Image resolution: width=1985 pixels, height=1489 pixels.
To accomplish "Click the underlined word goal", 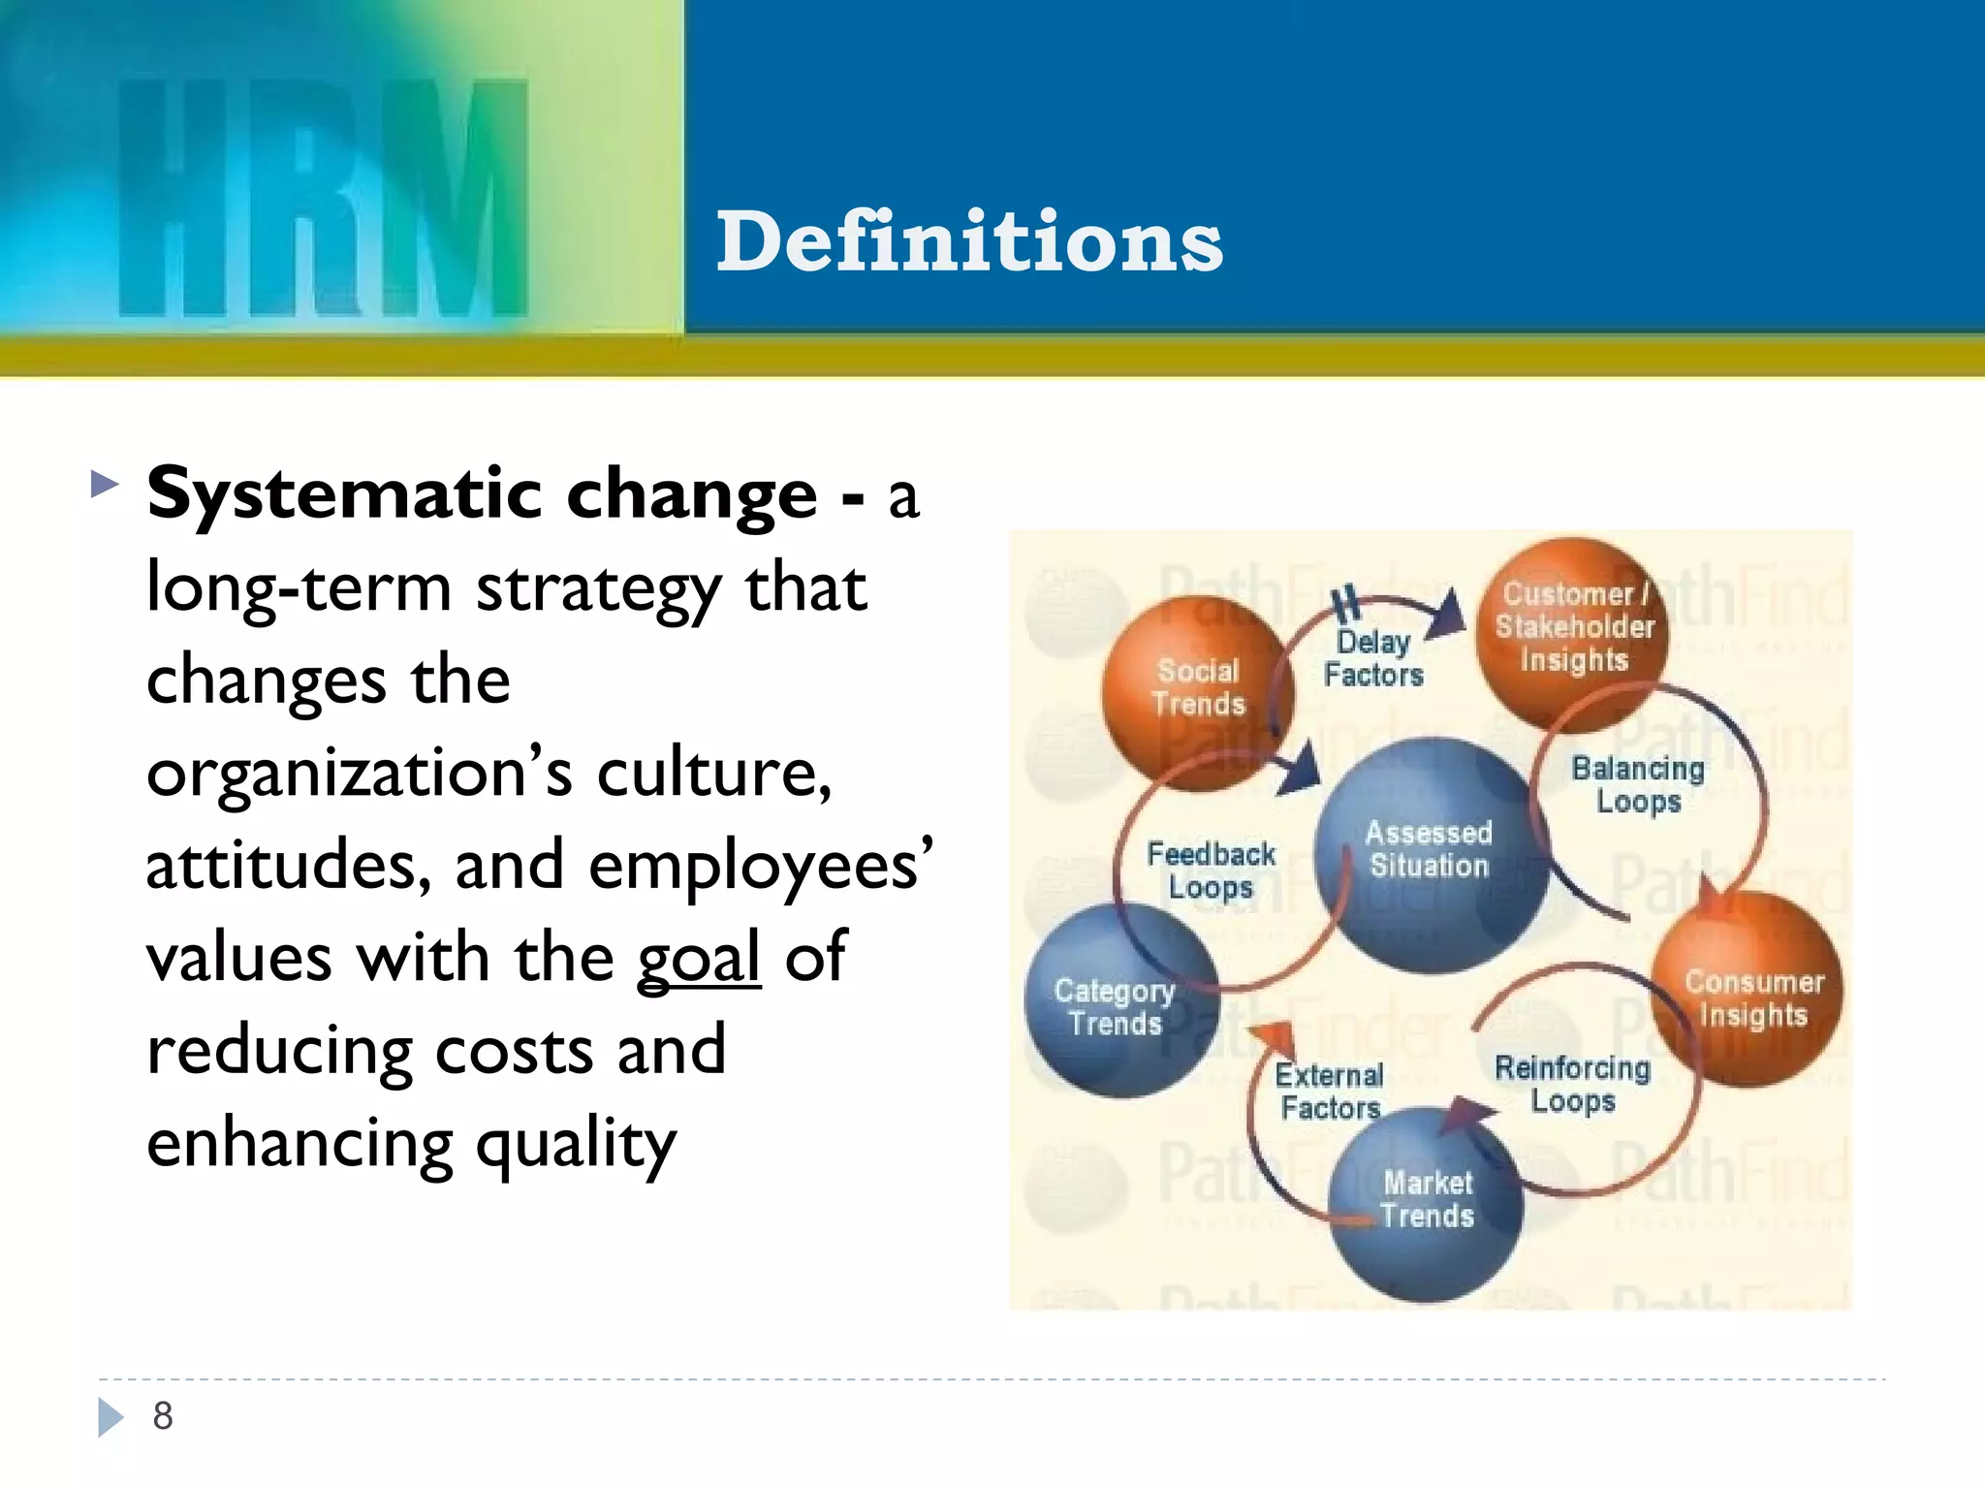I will pos(699,958).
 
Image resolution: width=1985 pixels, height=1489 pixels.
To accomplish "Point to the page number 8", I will pos(163,1416).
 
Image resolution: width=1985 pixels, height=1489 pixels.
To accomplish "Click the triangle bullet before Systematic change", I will pos(104,483).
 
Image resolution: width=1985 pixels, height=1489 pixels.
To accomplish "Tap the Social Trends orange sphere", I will pos(1197,690).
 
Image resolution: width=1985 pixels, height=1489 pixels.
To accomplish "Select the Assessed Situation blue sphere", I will pos(1429,853).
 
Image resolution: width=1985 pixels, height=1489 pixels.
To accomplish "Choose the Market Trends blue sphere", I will pos(1427,1202).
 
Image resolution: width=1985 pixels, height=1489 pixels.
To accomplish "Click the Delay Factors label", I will pos(1373,658).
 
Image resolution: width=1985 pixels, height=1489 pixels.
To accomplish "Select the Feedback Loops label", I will pos(1211,871).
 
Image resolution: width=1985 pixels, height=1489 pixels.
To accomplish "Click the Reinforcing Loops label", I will pos(1572,1084).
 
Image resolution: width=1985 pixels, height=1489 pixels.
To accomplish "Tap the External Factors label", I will pos(1329,1092).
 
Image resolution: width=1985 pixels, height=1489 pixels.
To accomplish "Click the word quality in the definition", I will pos(576,1144).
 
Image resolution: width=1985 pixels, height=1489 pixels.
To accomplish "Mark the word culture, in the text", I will pos(713,774).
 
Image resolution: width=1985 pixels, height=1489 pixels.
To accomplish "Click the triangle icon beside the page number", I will pos(110,1417).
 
